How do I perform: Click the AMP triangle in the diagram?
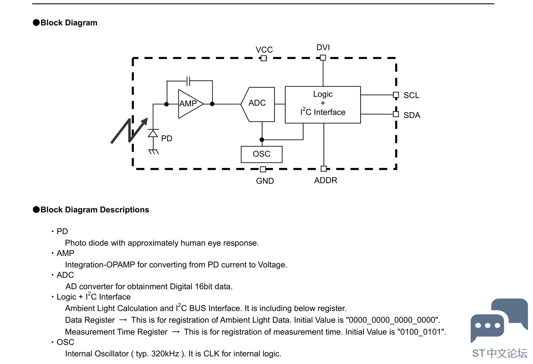pos(191,104)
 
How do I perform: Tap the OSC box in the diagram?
pos(261,154)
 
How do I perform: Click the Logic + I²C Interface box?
pos(323,105)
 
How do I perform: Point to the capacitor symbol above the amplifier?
pos(189,81)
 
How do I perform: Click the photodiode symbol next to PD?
pos(153,133)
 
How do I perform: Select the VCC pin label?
pos(264,49)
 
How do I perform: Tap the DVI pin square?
pos(323,58)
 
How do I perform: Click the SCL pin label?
pos(411,95)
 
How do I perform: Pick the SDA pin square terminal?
pos(396,114)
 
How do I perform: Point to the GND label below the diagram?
pos(265,181)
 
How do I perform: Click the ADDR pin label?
pos(326,180)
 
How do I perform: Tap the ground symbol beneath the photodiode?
pos(154,152)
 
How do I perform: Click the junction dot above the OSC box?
pos(262,139)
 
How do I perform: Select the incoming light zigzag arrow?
pos(130,131)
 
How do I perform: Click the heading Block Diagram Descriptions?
pos(94,210)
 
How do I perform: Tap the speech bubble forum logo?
pos(499,320)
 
